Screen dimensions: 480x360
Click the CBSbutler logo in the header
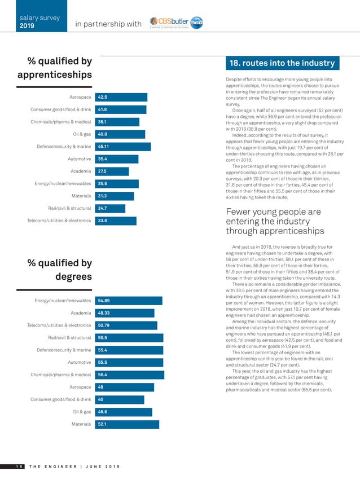[176, 23]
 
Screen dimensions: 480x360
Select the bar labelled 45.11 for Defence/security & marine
[122, 147]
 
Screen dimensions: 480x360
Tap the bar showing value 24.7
[110, 208]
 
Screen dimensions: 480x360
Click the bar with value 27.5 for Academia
[112, 171]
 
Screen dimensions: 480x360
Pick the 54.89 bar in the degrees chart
[128, 301]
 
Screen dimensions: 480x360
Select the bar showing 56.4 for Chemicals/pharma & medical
[129, 375]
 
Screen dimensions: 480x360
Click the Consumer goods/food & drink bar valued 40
[119, 399]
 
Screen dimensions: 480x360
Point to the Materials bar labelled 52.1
[126, 424]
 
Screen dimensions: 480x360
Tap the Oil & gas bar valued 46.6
[123, 412]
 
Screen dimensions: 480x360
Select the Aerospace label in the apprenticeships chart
[80, 97]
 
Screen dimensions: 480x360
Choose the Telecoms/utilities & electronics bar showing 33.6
[115, 221]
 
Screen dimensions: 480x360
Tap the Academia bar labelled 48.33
[125, 313]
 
